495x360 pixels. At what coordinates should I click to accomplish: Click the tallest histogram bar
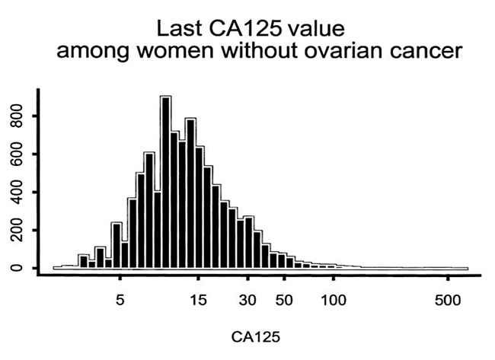[x=165, y=183]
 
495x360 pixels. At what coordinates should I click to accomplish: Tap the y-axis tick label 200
[x=17, y=231]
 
